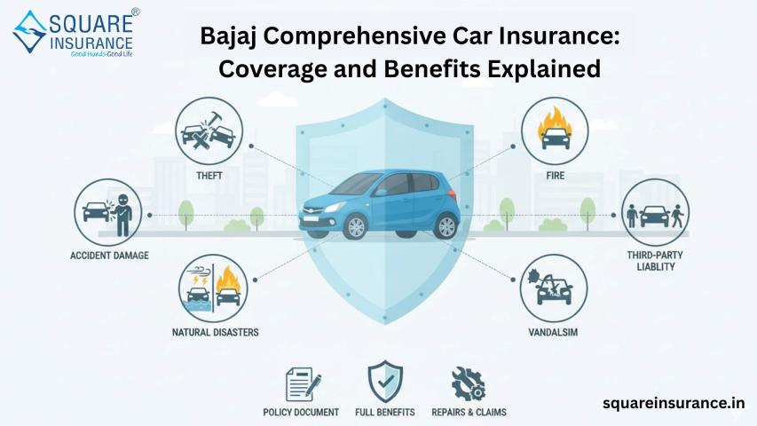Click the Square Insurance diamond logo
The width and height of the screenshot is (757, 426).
pos(30,31)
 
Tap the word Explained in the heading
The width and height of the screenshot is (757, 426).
pos(544,68)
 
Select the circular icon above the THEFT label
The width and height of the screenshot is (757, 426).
pos(209,130)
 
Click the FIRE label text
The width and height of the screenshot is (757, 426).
pos(556,176)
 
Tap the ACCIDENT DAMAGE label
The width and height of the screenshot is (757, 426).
pos(109,256)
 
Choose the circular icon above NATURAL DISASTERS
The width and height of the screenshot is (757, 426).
pos(213,288)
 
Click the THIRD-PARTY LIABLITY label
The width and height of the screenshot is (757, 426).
pos(655,261)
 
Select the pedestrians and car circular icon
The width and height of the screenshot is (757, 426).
pos(655,213)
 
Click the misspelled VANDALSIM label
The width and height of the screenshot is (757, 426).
pos(553,332)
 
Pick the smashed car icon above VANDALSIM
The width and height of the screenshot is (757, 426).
pos(554,288)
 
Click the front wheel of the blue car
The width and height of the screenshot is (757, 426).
pos(355,226)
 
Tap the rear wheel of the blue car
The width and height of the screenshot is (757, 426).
pos(446,226)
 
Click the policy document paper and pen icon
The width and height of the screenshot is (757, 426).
pos(304,384)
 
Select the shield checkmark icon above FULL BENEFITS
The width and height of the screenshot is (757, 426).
pos(385,382)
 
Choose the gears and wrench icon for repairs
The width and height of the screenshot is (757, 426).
pos(469,383)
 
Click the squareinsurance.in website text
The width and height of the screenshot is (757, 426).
pos(674,402)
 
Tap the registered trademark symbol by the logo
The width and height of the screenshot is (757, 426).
pos(136,12)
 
